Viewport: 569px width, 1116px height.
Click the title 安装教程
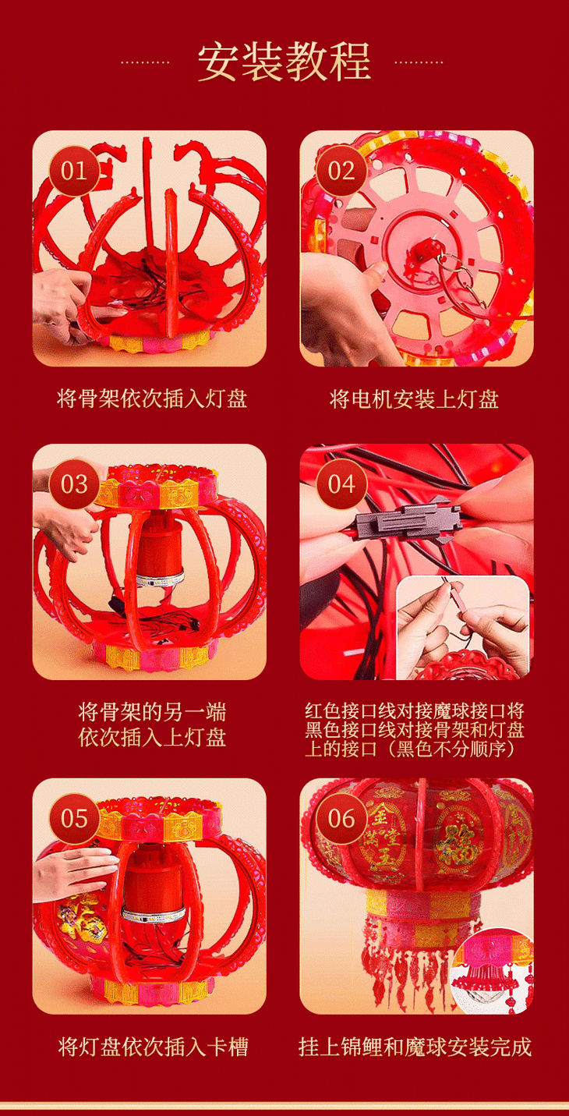[284, 62]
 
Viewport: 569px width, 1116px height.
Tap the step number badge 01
[74, 171]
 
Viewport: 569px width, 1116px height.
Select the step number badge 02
[341, 171]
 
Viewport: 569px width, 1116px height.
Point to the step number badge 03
[74, 484]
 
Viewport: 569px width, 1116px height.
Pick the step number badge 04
[341, 484]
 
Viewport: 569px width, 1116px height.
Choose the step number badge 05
[74, 819]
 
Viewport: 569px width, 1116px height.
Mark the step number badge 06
[341, 819]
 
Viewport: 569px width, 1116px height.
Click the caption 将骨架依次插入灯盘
[152, 399]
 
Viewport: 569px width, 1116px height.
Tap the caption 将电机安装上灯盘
[414, 399]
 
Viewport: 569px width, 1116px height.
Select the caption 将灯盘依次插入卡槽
[153, 1047]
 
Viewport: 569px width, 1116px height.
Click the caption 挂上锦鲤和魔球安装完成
[415, 1047]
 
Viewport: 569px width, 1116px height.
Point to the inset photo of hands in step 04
[463, 628]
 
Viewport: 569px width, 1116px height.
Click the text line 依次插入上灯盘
[152, 738]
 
